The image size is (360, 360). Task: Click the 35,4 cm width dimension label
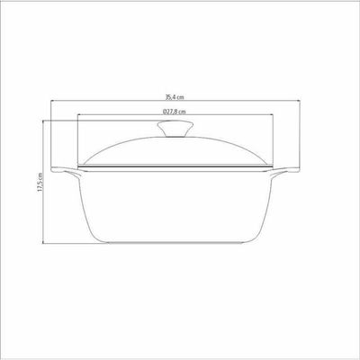tap(175, 97)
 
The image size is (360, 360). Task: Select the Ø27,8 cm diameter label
tap(175, 112)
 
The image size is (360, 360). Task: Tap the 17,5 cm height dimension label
tap(40, 183)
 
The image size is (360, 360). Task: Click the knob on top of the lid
tap(175, 129)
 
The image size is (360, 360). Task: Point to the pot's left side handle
tap(65, 172)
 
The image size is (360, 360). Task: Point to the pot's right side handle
tap(286, 172)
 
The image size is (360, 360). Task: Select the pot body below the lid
tap(175, 207)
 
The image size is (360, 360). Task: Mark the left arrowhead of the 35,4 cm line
tap(51, 101)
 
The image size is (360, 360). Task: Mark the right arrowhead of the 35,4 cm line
tap(299, 101)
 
